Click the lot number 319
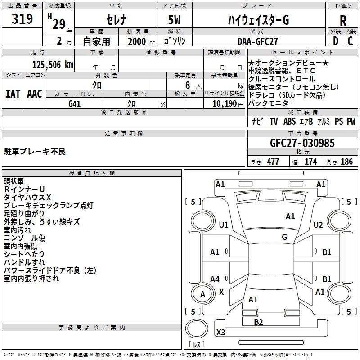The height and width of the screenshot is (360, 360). coord(22,19)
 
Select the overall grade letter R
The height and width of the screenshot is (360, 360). coord(343,20)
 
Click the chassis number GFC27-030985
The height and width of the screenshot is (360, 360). coord(302,143)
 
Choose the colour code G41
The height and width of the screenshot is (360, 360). coord(75,103)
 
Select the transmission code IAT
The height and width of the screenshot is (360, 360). coord(12,94)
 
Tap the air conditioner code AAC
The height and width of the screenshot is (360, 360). coord(35,94)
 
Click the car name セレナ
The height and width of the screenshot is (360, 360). coord(116,20)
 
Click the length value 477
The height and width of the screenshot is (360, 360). coord(272,162)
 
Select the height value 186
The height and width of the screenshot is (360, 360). coord(347,162)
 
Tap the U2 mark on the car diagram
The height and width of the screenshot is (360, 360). coord(318,225)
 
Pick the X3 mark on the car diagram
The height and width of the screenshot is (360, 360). coord(220,333)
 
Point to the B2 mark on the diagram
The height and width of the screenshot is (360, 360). coord(258,322)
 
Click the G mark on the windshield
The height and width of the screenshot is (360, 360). coord(284,237)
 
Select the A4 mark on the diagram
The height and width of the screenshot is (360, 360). coord(215,279)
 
